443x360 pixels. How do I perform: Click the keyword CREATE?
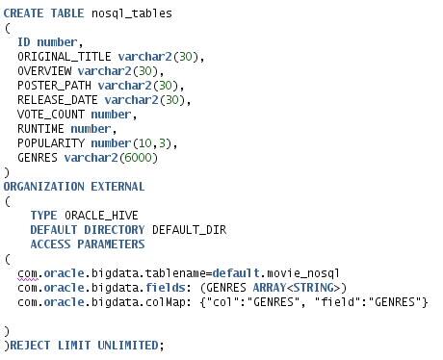23,13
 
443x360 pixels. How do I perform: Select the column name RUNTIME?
41,129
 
